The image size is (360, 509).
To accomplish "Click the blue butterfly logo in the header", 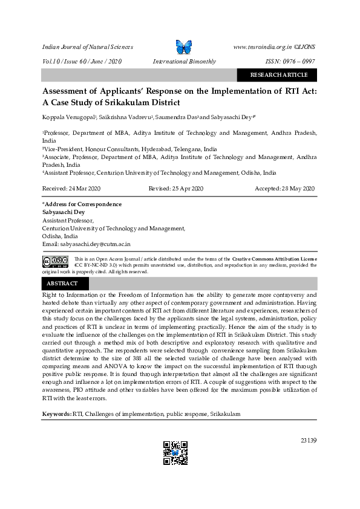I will coord(183,47).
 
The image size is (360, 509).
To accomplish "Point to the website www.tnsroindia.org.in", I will coord(263,47).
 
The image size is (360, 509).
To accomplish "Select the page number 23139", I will coord(308,440).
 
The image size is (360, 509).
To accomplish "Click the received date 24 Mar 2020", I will coord(68,189).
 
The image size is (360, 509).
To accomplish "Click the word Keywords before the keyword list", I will coord(56,414).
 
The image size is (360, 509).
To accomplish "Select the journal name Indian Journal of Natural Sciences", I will coord(87,47).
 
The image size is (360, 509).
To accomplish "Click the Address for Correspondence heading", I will coord(83,204).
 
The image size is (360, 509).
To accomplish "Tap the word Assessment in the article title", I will coord(70,91).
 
